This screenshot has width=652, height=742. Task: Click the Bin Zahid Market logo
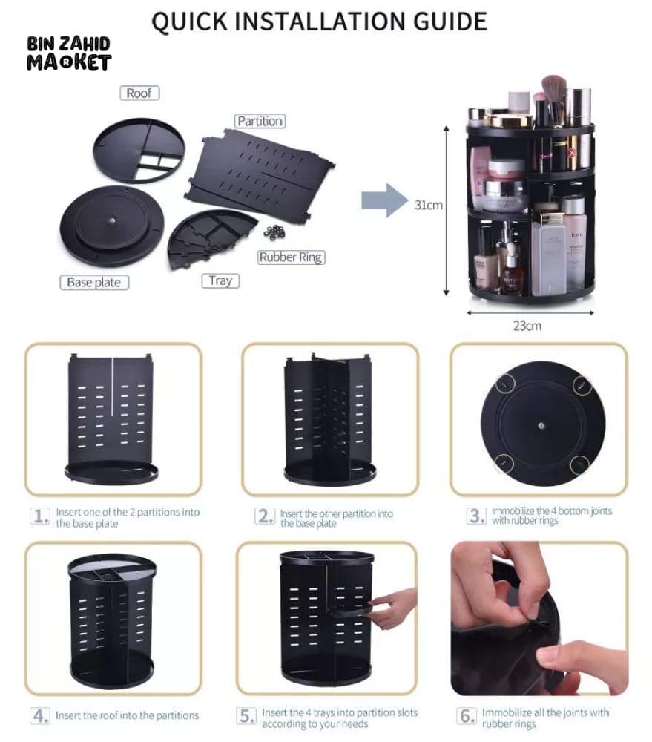point(68,53)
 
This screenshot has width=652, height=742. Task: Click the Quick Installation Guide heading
point(319,21)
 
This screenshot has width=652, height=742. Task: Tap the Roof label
point(139,93)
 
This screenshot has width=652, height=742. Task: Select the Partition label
point(260,121)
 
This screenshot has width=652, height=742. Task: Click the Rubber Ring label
point(292,257)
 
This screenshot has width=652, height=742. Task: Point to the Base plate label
point(93,283)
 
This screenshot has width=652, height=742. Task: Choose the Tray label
point(220,280)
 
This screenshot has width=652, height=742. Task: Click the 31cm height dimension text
point(428,205)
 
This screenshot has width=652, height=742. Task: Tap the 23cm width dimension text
point(527,325)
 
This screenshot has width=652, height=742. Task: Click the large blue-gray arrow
point(385,201)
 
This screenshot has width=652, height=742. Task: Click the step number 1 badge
point(40,516)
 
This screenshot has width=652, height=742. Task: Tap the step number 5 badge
point(247,716)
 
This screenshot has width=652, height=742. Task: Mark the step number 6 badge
point(467,716)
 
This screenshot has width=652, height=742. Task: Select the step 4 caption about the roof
point(128,715)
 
